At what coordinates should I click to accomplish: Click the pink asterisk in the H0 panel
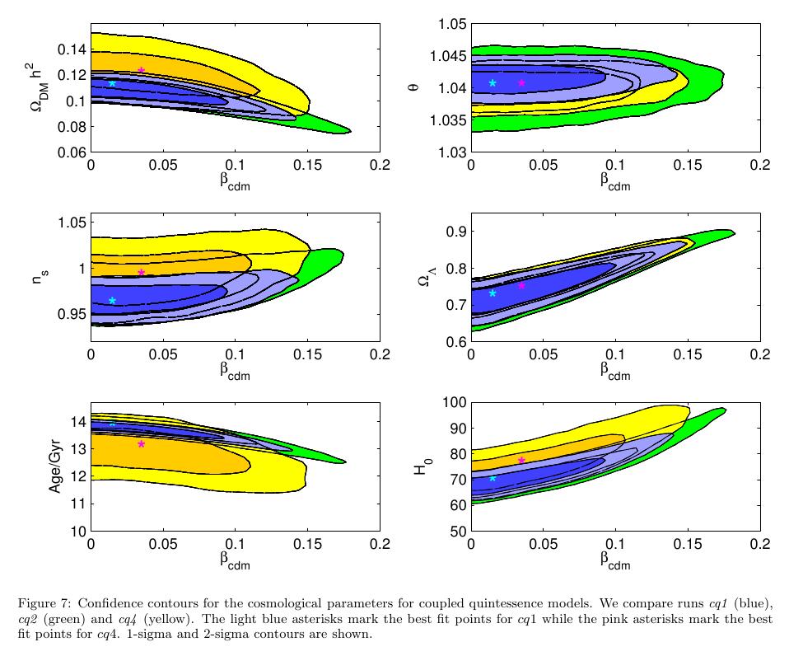click(521, 460)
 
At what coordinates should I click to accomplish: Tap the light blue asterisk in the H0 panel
click(493, 478)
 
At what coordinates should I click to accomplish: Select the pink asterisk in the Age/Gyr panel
click(142, 443)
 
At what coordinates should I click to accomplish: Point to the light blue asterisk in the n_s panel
click(112, 301)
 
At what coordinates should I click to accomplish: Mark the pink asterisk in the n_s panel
click(142, 272)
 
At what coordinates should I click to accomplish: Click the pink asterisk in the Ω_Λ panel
click(521, 285)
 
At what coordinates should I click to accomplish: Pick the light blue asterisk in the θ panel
click(493, 82)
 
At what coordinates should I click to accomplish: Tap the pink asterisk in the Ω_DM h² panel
click(142, 70)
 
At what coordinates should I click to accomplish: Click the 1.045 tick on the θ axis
click(449, 56)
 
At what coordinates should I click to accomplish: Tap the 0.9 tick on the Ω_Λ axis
click(455, 232)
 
